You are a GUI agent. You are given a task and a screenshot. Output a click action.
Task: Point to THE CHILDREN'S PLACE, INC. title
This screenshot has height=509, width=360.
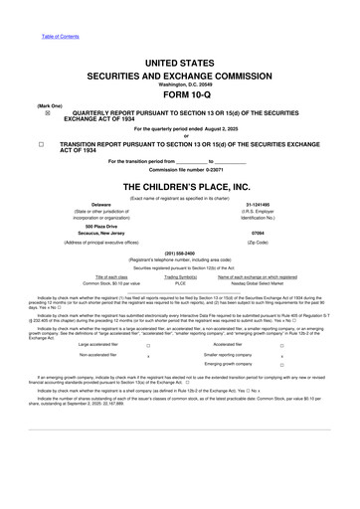179,186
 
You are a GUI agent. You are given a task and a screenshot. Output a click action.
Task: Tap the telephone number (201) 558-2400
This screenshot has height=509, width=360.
179,252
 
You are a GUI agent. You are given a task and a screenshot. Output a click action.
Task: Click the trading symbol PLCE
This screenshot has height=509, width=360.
180,283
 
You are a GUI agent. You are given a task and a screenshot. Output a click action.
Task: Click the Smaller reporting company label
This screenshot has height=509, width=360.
231,354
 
